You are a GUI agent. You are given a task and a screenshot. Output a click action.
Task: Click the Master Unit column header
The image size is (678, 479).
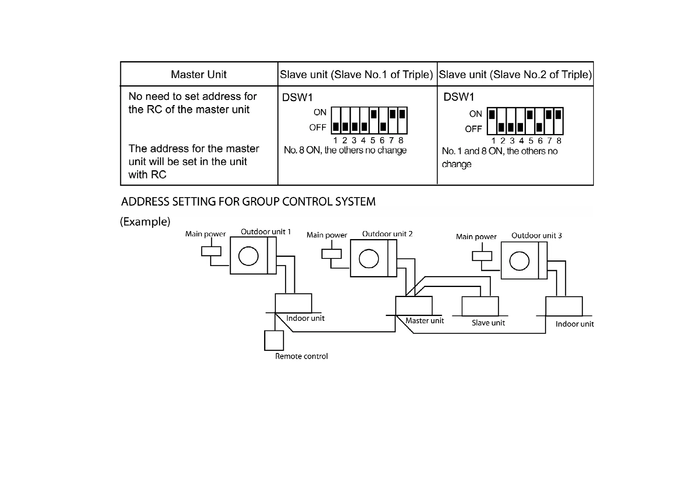198,74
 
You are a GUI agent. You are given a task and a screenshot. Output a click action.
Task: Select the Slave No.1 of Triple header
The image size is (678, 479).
356,74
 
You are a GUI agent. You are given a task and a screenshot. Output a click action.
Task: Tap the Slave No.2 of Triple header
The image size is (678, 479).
515,74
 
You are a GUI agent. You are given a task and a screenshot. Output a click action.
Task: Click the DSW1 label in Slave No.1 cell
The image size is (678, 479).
297,97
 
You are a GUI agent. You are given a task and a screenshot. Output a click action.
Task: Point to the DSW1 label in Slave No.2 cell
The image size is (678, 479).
459,97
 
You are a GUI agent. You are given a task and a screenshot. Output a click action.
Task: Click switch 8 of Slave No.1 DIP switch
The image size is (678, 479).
402,120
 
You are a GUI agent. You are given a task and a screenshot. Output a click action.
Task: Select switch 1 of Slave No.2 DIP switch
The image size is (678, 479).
492,121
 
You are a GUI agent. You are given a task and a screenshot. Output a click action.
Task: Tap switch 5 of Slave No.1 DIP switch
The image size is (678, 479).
374,120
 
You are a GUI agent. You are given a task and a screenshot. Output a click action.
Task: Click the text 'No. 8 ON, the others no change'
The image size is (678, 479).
345,150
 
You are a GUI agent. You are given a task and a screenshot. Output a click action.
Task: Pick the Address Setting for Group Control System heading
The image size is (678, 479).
248,202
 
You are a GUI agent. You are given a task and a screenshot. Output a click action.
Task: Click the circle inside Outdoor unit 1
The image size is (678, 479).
248,256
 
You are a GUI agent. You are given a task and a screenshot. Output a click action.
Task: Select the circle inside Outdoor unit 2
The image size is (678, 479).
369,258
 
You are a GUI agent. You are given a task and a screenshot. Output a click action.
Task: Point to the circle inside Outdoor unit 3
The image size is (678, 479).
519,261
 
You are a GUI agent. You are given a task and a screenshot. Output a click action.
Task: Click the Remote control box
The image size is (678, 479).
274,341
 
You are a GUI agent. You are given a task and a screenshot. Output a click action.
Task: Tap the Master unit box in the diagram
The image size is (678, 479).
414,306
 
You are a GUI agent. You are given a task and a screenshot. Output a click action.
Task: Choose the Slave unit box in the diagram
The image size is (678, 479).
480,306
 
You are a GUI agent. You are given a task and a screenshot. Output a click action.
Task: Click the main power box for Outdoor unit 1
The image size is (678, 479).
211,251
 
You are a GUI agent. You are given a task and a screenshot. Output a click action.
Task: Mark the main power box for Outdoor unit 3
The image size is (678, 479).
482,256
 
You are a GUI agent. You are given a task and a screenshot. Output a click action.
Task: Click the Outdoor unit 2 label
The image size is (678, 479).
387,234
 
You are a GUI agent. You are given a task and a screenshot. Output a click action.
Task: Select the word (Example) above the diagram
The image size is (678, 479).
145,222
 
